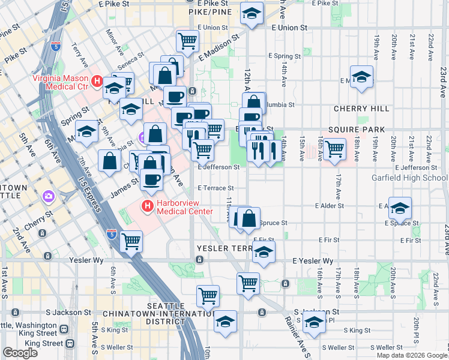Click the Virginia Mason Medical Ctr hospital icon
[97, 79]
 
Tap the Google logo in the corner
[20, 352]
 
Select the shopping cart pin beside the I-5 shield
[131, 241]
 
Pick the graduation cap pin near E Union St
[252, 12]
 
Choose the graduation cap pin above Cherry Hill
[361, 77]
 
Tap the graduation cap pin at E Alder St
[400, 208]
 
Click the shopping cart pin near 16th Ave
[334, 148]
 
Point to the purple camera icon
[47, 196]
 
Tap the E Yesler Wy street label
[312, 261]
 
